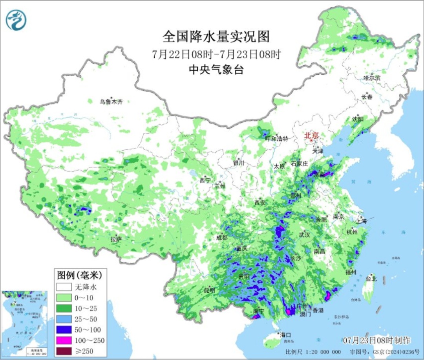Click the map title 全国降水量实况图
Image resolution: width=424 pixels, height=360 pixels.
coord(216,37)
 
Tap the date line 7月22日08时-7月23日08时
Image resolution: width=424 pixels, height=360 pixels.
coord(216,54)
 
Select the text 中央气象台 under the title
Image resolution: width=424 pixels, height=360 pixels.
coord(216,70)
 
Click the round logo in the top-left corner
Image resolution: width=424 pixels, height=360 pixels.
coord(16,20)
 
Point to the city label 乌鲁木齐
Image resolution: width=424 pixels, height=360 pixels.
coord(111,101)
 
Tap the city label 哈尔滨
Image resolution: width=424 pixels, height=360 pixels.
coord(372,78)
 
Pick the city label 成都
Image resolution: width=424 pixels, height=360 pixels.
coord(221,237)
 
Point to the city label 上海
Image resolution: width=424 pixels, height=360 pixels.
coord(361,221)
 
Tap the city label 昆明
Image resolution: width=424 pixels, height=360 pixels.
coord(209,290)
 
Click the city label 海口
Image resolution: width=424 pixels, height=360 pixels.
coord(285,335)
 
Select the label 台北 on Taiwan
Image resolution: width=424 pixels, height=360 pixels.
coord(371,279)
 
